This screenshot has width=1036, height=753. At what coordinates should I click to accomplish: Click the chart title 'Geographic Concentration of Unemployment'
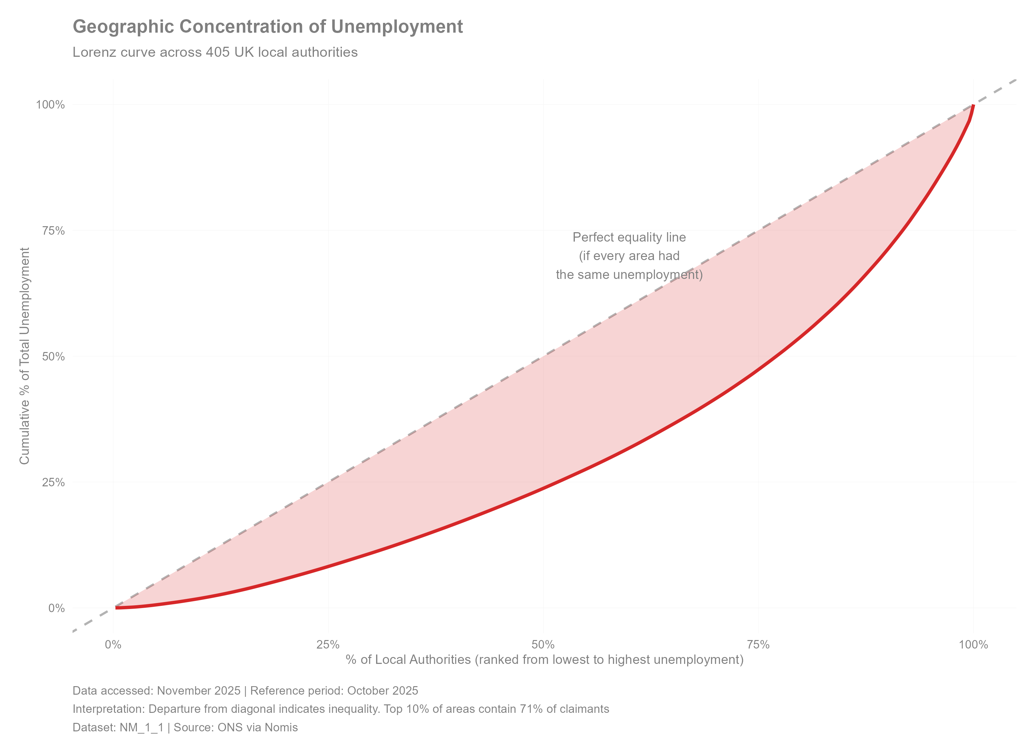pyautogui.click(x=268, y=26)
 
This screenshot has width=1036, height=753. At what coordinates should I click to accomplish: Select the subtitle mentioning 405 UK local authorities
pyautogui.click(x=215, y=52)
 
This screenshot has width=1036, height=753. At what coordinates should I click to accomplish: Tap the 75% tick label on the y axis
pyautogui.click(x=53, y=231)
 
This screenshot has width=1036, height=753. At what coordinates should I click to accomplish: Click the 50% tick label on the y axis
pyautogui.click(x=53, y=356)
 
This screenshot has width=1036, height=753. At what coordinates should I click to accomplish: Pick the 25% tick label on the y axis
pyautogui.click(x=53, y=482)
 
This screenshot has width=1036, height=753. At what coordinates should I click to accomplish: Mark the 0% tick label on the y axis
pyautogui.click(x=57, y=608)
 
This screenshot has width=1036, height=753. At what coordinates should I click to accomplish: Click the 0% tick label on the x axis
pyautogui.click(x=113, y=644)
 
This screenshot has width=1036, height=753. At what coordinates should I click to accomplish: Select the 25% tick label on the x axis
pyautogui.click(x=328, y=644)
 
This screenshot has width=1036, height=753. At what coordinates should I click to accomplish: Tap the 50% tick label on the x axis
pyautogui.click(x=543, y=644)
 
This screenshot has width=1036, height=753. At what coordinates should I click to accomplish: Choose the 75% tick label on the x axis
pyautogui.click(x=758, y=644)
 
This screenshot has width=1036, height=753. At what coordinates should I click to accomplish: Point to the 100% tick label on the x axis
pyautogui.click(x=974, y=644)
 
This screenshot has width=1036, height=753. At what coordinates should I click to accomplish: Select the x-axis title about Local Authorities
pyautogui.click(x=544, y=660)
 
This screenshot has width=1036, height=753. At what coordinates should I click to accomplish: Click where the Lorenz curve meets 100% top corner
pyautogui.click(x=974, y=105)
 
